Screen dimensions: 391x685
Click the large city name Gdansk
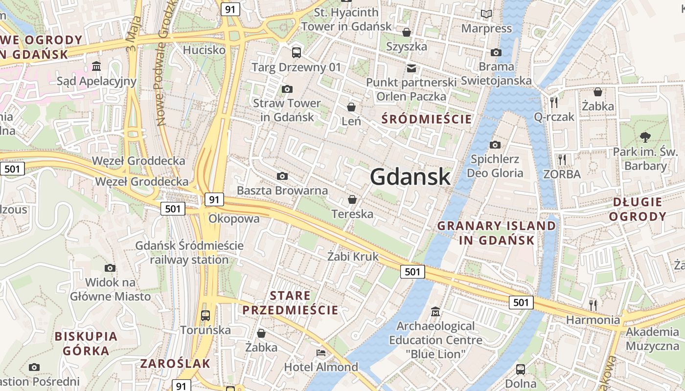tap(410, 176)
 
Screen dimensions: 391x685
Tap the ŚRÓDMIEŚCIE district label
tap(427, 119)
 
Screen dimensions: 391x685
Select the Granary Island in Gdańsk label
tap(497, 233)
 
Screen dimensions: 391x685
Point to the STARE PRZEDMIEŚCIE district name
tap(290, 303)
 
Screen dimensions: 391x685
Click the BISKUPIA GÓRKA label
tap(86, 344)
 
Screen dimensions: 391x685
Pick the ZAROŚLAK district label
tap(175, 364)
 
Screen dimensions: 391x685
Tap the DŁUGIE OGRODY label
tap(639, 209)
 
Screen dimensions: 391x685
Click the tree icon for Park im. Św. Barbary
tap(645, 137)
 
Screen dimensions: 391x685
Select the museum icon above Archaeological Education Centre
tap(435, 311)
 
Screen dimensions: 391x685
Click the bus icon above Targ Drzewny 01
tap(296, 52)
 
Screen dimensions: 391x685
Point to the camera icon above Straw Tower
tap(287, 89)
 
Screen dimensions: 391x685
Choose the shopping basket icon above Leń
tap(351, 107)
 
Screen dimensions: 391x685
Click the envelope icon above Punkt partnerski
tap(411, 68)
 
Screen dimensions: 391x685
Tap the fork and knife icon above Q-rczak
tap(554, 102)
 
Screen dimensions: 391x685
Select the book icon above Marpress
tap(486, 14)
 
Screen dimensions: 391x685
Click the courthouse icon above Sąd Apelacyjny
tap(96, 66)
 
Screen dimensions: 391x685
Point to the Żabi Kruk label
tap(353, 256)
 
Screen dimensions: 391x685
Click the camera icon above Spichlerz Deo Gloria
tap(495, 145)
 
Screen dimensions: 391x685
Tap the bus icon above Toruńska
tap(205, 315)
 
